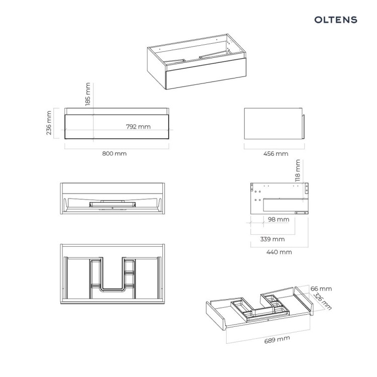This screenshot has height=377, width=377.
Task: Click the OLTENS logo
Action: pyautogui.click(x=336, y=20)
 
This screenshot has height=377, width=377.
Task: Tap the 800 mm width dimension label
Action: pyautogui.click(x=115, y=154)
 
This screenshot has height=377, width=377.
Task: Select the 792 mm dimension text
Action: pyautogui.click(x=138, y=127)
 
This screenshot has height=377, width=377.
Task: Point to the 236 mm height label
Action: pyautogui.click(x=49, y=123)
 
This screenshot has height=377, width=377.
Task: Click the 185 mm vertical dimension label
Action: pyautogui.click(x=88, y=95)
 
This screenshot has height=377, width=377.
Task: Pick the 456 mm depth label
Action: pyautogui.click(x=276, y=154)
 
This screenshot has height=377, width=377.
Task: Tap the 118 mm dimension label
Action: pyautogui.click(x=298, y=171)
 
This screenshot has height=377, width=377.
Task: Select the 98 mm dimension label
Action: pyautogui.click(x=278, y=220)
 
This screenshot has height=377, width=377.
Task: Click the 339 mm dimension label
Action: pyautogui.click(x=272, y=239)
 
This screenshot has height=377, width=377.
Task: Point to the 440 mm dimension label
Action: pyautogui.click(x=279, y=252)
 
